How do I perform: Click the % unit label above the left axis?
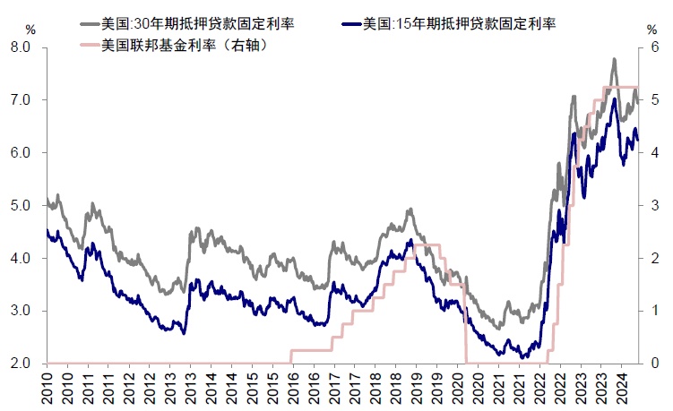click(30, 30)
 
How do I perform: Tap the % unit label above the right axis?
click(651, 30)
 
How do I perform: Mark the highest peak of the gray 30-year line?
click(614, 59)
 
